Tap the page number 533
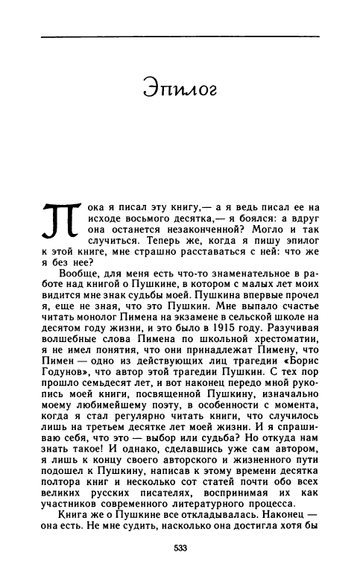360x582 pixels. [180, 549]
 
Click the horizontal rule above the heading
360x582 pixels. [180, 34]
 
